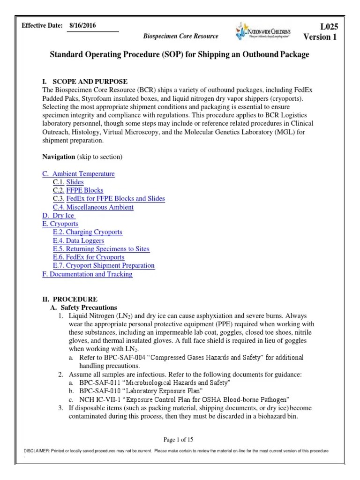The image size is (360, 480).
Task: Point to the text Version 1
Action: [x=320, y=37]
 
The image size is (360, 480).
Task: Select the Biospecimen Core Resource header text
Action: [x=180, y=36]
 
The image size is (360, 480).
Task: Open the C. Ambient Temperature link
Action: [x=78, y=174]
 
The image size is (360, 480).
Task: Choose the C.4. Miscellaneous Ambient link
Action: [x=93, y=207]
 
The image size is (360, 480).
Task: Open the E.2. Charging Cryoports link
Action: [x=88, y=232]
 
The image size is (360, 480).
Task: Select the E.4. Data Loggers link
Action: [x=79, y=240]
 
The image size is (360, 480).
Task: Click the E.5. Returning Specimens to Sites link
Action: [x=101, y=249]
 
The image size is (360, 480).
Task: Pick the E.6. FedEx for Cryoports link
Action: [x=89, y=257]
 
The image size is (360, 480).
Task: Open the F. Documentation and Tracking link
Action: [x=87, y=274]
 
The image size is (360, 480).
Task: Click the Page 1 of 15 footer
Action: [x=178, y=440]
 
